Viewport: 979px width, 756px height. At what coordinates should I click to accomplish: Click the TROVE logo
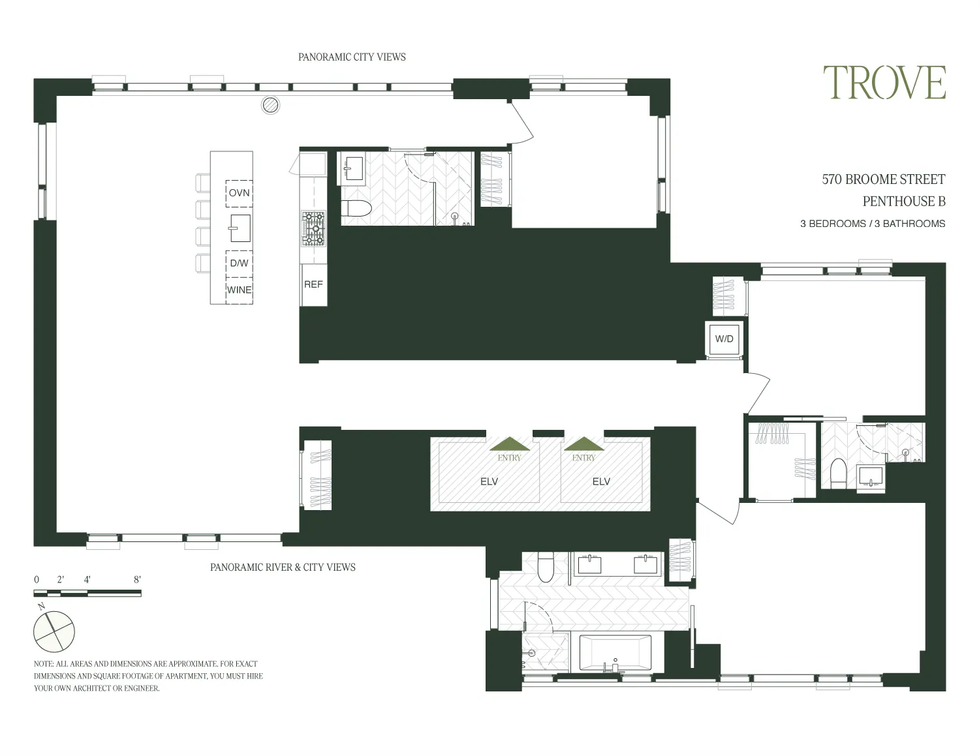coord(884,83)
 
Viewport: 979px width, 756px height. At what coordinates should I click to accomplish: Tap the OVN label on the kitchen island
coord(239,193)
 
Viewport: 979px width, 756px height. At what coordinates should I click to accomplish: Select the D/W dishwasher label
coord(239,264)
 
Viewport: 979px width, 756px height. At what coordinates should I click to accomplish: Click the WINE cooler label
coord(239,290)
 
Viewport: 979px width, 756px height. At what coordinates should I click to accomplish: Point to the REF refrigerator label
coord(313,284)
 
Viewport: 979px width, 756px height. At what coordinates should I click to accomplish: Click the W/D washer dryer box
coord(724,339)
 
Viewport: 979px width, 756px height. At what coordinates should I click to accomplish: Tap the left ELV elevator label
coord(489,481)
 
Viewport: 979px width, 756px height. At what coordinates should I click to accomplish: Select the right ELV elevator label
coord(600,481)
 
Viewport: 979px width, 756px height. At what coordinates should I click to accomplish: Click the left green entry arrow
coord(510,444)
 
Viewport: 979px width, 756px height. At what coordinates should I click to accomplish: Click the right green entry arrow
coord(584,444)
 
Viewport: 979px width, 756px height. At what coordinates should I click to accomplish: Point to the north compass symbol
coord(54,631)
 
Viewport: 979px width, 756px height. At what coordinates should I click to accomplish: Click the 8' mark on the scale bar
coord(137,579)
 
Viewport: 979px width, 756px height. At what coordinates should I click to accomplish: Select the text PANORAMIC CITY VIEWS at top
coord(352,57)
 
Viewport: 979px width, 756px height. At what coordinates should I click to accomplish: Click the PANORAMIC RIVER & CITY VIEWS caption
coord(283,567)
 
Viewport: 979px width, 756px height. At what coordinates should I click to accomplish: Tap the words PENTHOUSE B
coord(903,202)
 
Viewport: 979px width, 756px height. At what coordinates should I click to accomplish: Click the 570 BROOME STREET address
coord(883,179)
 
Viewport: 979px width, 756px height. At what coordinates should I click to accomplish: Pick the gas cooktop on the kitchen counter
coord(313,229)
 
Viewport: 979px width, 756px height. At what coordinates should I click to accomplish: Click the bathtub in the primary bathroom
coord(615,653)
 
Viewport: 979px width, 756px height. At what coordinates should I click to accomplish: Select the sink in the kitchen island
coord(240,228)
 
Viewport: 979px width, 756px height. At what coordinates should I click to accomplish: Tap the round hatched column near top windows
coord(270,104)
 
